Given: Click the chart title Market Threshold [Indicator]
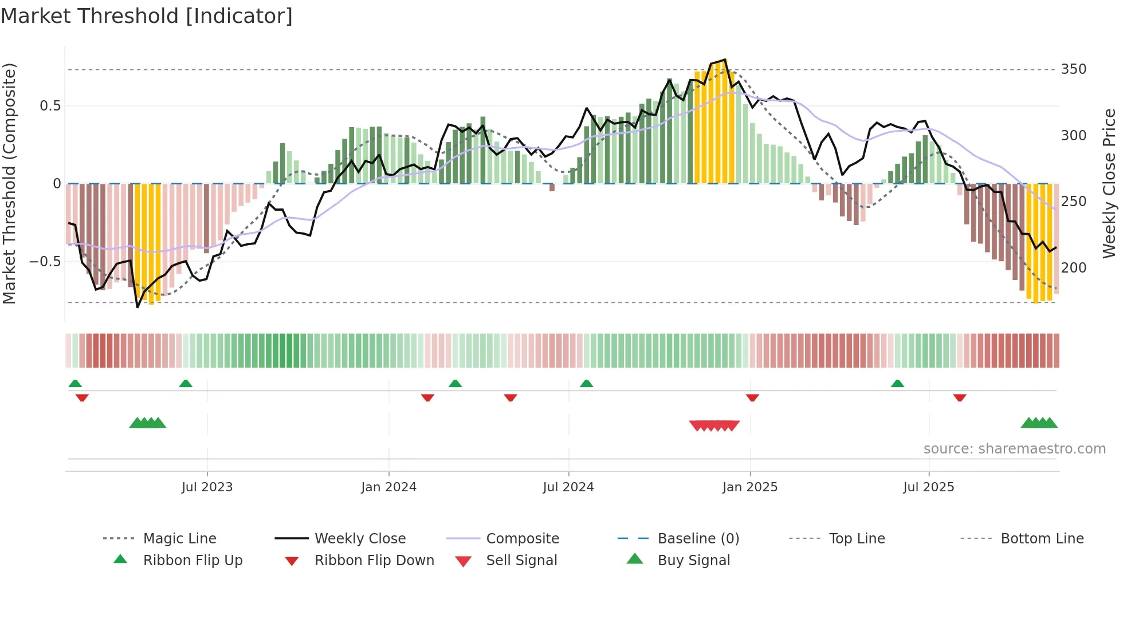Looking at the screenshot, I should coord(147,16).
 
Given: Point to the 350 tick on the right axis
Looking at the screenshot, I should coord(1073,69).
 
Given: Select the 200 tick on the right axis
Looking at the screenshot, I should coord(1073,267).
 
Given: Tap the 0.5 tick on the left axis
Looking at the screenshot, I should coord(50,106).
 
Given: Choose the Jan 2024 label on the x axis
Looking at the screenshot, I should coord(388,487).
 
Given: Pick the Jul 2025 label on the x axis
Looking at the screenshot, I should coord(928,487).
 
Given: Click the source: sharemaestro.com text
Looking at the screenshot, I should coord(1014,449).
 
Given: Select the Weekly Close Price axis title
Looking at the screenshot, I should coord(1109,183).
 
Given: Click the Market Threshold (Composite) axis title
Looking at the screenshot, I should coord(9,183).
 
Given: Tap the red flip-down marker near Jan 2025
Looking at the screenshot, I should coord(752,397).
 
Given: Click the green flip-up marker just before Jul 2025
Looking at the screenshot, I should coord(897,384).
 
